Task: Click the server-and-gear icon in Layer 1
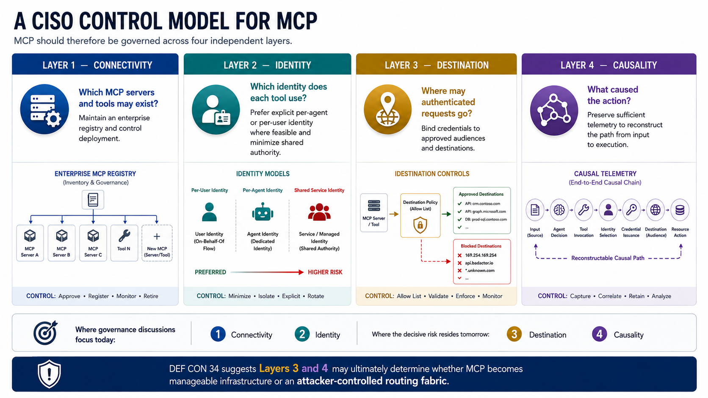coord(44,109)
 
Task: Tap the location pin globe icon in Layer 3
coord(387,109)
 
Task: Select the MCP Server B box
coord(62,243)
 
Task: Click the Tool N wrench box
coord(124,243)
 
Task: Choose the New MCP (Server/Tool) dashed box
coord(157,243)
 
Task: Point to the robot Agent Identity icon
coord(263,212)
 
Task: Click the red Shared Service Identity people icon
coord(319,212)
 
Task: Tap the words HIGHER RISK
coord(325,272)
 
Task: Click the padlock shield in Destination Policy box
coord(420,225)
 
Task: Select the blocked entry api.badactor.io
coord(479,263)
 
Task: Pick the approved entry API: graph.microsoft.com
coord(485,211)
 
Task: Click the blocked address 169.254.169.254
coord(481,255)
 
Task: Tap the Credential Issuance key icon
coord(631,210)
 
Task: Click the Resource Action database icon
coord(680,210)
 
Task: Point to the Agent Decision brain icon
coord(559,210)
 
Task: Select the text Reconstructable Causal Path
coord(608,258)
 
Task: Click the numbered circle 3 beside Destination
coord(514,334)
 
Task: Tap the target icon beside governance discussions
coord(45,333)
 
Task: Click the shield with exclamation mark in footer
coord(49,374)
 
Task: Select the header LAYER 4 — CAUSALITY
coord(609,65)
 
